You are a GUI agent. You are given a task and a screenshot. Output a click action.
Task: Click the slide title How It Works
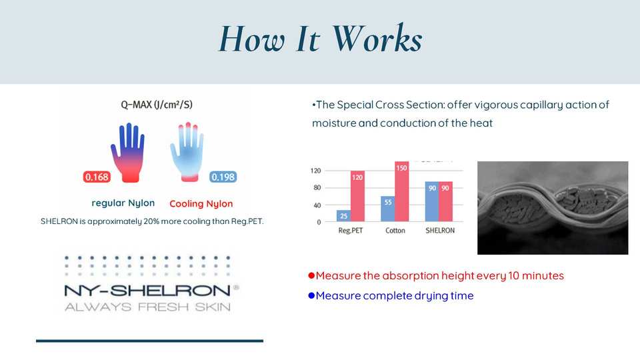[321, 39]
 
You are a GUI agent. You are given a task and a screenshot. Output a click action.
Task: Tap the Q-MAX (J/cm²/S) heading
[157, 105]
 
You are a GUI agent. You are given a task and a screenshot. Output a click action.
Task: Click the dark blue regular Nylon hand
[128, 152]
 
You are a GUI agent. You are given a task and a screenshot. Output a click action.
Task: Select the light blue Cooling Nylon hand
[187, 152]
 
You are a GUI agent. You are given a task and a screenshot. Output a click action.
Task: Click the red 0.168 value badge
[97, 177]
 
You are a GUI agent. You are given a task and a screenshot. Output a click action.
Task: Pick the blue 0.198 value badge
[223, 177]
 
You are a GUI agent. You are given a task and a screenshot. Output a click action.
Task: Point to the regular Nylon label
[123, 203]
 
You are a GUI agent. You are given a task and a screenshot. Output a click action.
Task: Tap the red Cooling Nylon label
[201, 204]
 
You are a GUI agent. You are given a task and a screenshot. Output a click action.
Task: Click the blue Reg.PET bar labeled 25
[344, 215]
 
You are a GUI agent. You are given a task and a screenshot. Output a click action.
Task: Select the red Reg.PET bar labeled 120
[357, 196]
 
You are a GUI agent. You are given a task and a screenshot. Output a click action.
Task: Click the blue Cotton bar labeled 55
[388, 209]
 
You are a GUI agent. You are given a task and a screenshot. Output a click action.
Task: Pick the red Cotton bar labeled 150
[401, 191]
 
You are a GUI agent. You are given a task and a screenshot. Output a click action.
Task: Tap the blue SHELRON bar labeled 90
[432, 201]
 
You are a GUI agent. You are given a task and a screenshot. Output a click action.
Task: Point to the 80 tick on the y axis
[317, 188]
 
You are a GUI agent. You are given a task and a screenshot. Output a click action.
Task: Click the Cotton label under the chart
[395, 231]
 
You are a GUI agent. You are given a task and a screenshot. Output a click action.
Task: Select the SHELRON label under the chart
[440, 231]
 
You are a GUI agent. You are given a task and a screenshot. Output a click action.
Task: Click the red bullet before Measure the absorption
[311, 275]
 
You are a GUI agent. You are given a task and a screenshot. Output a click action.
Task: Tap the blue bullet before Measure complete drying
[311, 295]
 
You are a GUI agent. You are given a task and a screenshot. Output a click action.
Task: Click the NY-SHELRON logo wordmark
[147, 291]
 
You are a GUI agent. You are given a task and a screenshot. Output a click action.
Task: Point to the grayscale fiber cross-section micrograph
[553, 208]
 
